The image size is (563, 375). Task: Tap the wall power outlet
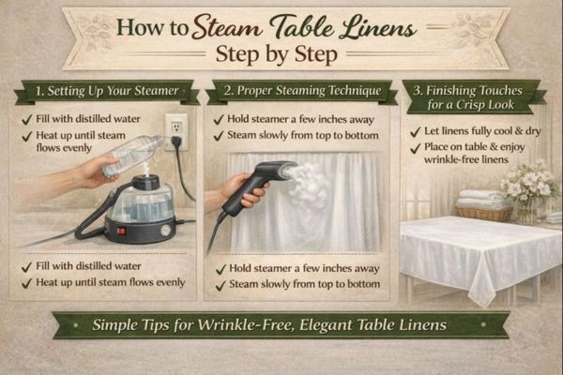click(x=175, y=128)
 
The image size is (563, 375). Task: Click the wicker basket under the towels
click(x=482, y=213)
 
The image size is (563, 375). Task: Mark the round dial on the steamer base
click(x=165, y=228)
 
